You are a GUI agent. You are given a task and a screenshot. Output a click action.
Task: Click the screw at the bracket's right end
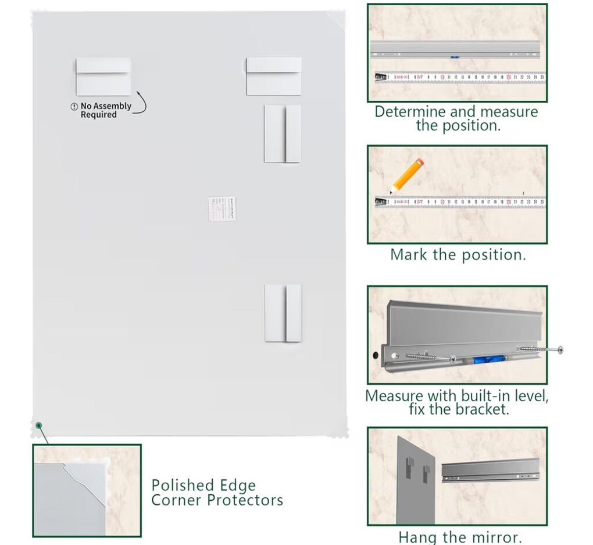pyautogui.click(x=541, y=349)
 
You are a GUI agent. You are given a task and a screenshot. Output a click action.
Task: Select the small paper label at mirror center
pyautogui.click(x=222, y=208)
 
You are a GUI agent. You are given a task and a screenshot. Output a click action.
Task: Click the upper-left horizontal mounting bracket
pyautogui.click(x=103, y=76)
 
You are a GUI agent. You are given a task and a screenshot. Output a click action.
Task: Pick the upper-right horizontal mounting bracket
pyautogui.click(x=274, y=76)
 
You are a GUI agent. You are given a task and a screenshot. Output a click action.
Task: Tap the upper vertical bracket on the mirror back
pyautogui.click(x=283, y=134)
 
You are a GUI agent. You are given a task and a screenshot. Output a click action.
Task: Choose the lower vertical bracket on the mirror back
pyautogui.click(x=283, y=313)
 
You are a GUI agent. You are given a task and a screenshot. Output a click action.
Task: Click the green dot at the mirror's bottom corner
pyautogui.click(x=38, y=426)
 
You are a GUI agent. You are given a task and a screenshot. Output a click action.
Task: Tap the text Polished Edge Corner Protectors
pyautogui.click(x=217, y=493)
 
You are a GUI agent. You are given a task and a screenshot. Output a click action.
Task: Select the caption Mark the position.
pyautogui.click(x=458, y=254)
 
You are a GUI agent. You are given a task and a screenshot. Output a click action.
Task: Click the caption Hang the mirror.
pyautogui.click(x=460, y=536)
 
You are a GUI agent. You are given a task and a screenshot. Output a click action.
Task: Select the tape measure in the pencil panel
pyautogui.click(x=459, y=203)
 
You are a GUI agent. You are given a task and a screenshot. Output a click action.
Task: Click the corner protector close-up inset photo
pyautogui.click(x=87, y=490)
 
